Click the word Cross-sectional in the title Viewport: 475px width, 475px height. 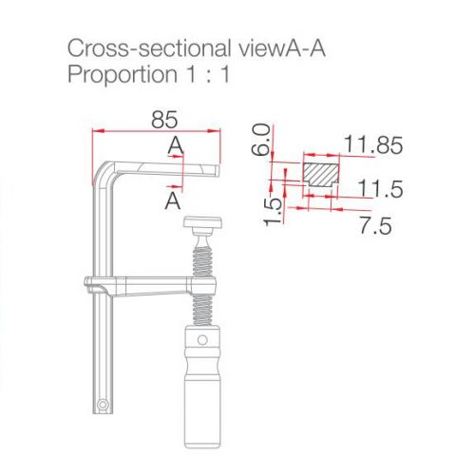(149, 48)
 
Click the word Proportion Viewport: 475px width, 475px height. (123, 75)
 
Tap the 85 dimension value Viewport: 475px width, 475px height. (164, 120)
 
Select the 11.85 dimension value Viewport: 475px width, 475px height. (373, 144)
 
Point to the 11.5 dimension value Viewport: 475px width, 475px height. (380, 189)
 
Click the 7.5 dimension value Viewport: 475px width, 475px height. (375, 225)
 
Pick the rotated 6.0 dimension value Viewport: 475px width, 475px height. (261, 140)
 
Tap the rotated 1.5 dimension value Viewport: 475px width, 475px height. (273, 212)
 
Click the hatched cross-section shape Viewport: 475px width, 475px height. (321, 175)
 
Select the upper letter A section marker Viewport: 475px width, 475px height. (176, 145)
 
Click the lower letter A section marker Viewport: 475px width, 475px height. (173, 200)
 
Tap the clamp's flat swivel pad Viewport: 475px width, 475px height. (202, 222)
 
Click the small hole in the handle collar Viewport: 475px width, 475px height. (202, 340)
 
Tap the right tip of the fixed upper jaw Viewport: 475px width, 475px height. (218, 170)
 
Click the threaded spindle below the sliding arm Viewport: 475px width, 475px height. (202, 310)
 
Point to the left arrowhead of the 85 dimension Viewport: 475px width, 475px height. (98, 130)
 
